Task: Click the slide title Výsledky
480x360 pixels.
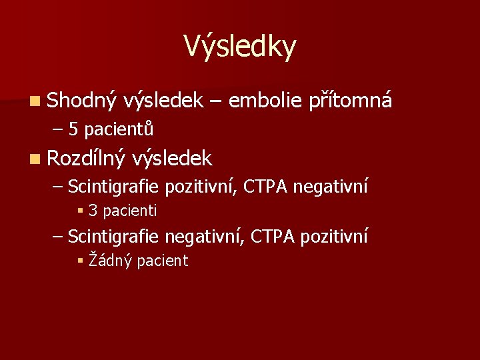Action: tap(239, 47)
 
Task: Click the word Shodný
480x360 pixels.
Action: tap(82, 101)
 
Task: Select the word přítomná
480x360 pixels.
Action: tap(351, 101)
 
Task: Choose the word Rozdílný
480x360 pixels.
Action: tap(86, 159)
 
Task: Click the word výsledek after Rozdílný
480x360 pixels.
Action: tap(172, 159)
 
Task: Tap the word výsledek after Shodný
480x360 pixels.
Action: tap(163, 101)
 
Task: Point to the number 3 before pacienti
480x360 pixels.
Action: tap(93, 211)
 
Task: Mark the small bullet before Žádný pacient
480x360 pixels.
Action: tap(80, 261)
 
